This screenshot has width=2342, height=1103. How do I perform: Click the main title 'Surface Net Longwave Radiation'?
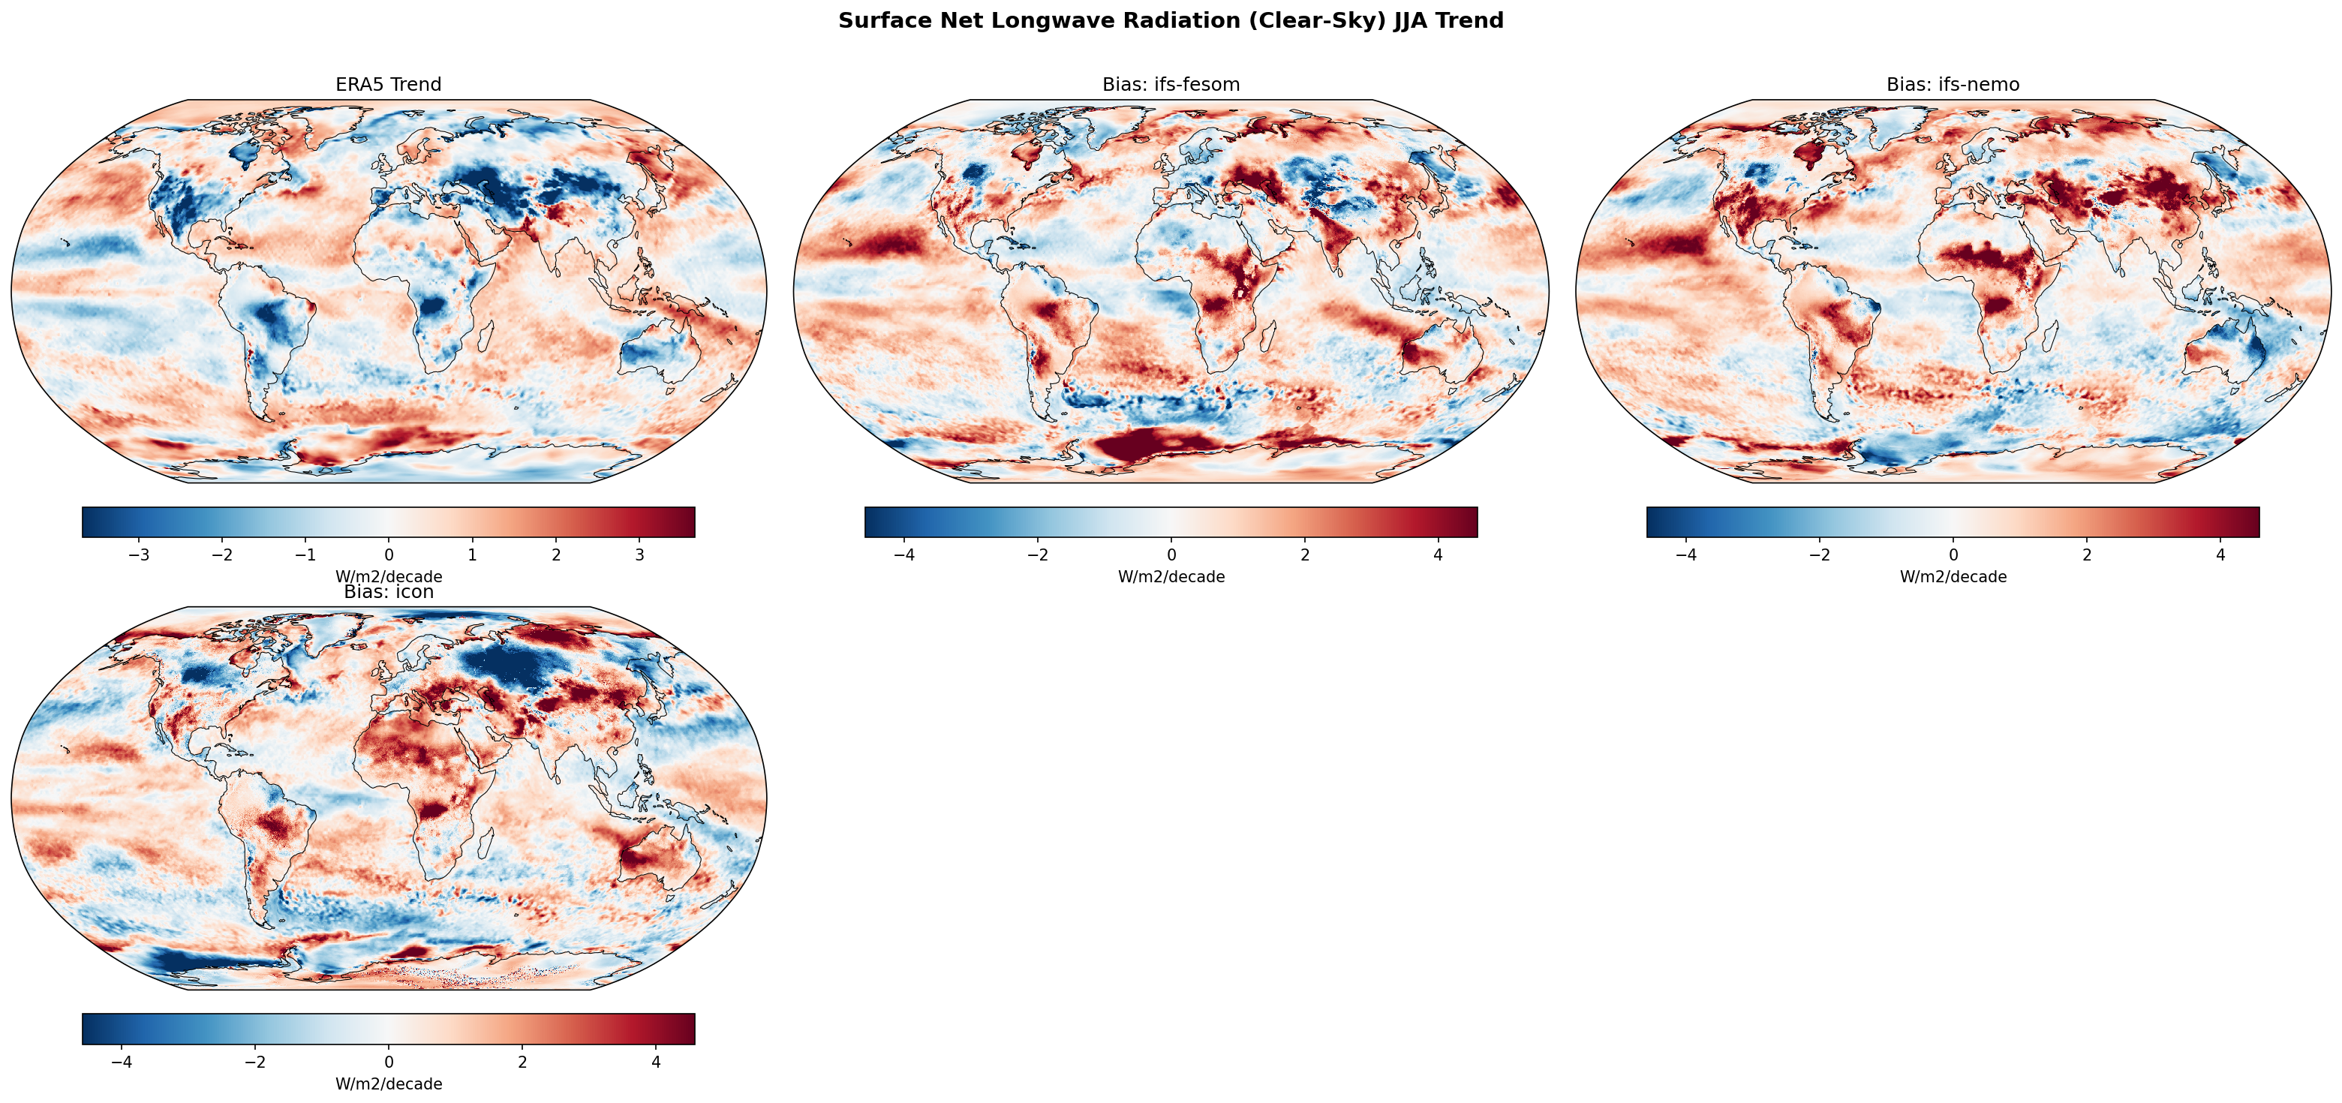[x=1170, y=21]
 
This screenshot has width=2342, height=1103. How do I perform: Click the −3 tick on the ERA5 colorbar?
[x=139, y=555]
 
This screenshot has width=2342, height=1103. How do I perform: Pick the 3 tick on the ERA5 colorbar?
[x=639, y=555]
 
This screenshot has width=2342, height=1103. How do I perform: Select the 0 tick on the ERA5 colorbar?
[x=389, y=555]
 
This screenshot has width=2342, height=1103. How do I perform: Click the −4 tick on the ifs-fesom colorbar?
[x=903, y=555]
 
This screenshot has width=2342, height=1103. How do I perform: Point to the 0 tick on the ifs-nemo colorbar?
[x=1953, y=555]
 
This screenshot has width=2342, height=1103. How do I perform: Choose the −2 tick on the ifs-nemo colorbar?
[x=1819, y=555]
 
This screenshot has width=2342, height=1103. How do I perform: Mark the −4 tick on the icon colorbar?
[x=122, y=1062]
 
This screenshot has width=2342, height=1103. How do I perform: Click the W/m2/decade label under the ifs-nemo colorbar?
[x=1952, y=576]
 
